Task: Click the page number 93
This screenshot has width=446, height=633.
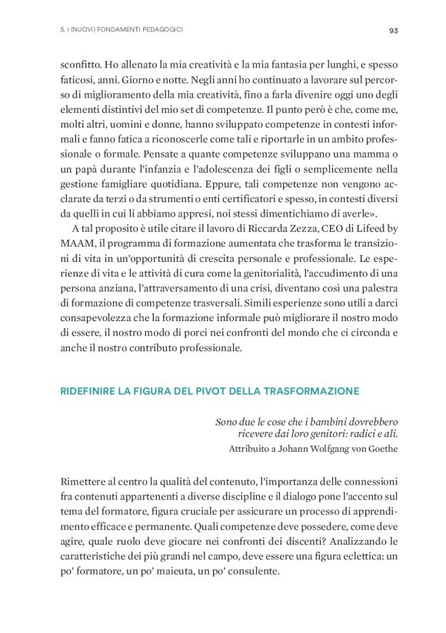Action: click(x=393, y=31)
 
